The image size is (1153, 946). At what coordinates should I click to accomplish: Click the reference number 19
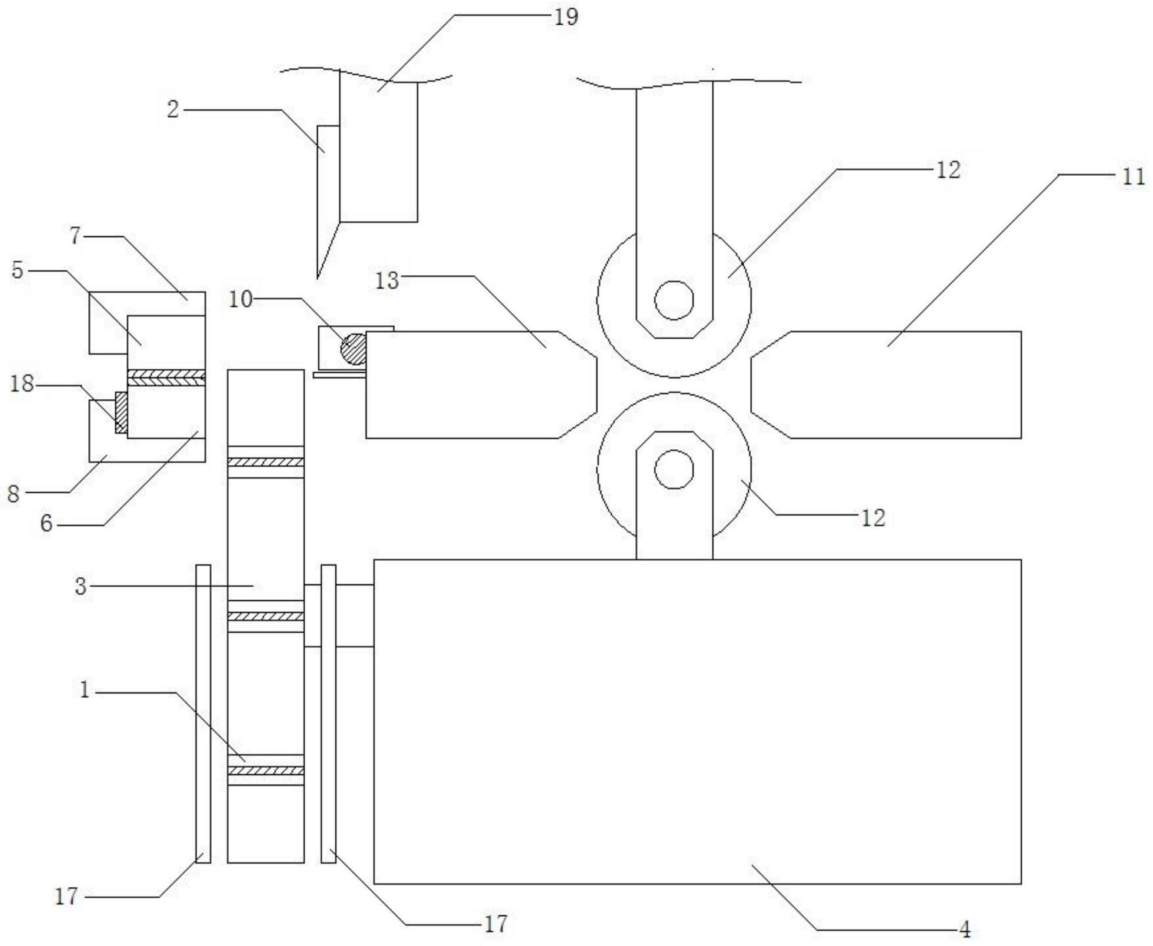click(566, 16)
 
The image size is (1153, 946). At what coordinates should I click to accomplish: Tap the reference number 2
click(172, 109)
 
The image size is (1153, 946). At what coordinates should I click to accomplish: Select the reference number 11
click(1134, 176)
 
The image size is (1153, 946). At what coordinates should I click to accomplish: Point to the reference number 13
click(387, 280)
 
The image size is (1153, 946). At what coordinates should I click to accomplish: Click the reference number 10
click(240, 299)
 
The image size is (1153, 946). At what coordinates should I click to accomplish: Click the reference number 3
click(81, 586)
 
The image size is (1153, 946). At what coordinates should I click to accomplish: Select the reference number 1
click(85, 690)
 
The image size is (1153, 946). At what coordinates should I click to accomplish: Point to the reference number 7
click(75, 236)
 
